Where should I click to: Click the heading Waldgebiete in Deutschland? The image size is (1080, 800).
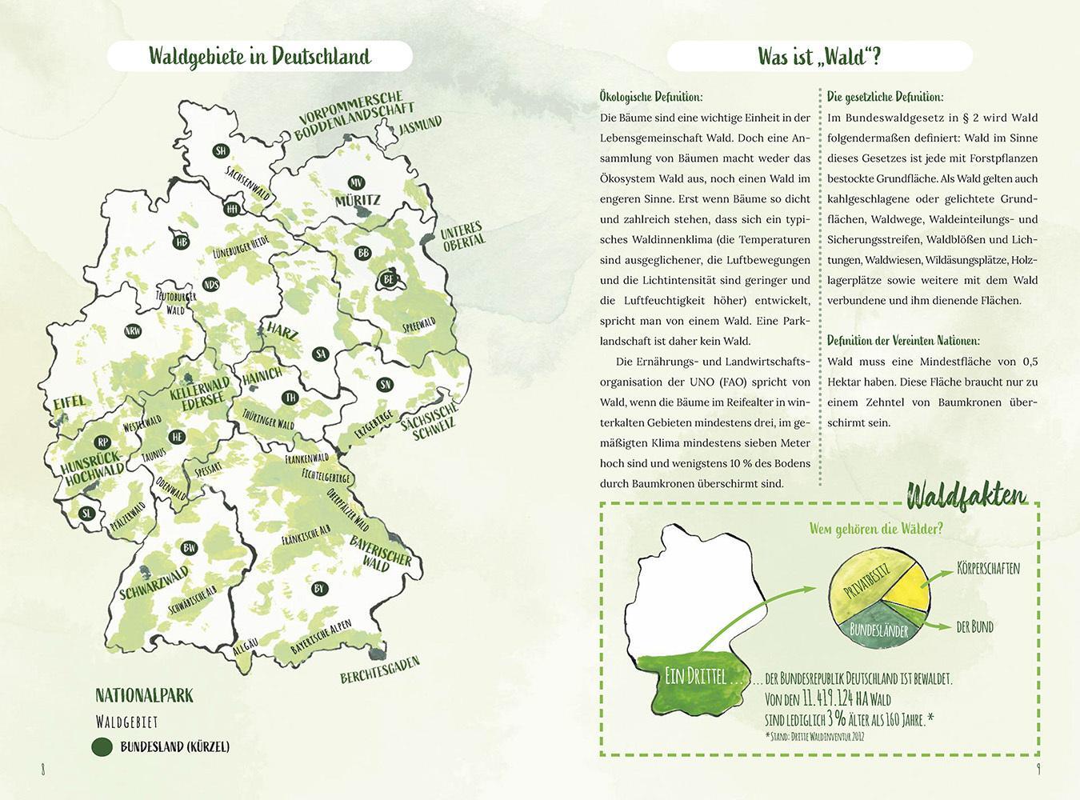[x=259, y=57]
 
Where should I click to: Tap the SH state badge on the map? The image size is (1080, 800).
[x=221, y=150]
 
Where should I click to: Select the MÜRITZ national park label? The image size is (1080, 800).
[x=358, y=200]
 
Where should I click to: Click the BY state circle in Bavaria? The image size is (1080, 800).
[x=319, y=589]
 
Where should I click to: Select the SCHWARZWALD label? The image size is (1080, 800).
[x=154, y=583]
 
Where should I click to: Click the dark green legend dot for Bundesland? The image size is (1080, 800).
[x=102, y=746]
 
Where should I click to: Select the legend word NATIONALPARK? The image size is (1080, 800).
[x=144, y=694]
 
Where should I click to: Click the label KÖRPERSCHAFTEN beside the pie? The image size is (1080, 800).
[x=988, y=569]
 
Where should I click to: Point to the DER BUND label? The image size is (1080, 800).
[x=974, y=627]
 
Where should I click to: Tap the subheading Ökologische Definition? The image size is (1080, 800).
[x=650, y=98]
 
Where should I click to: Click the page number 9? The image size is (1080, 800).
[x=1037, y=769]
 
